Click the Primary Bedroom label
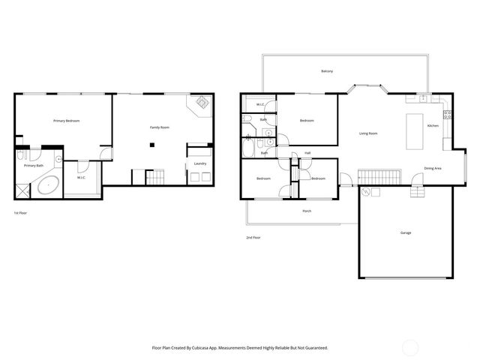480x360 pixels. [66, 121]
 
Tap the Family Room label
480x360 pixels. [159, 127]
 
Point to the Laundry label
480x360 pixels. [200, 163]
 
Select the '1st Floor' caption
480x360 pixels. [20, 213]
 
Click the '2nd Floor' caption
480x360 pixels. [253, 237]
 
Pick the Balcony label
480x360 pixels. [327, 71]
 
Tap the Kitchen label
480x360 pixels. [433, 125]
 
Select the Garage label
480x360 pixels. [405, 232]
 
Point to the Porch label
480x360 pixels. [307, 211]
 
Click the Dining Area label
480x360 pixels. [432, 168]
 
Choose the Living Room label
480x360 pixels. [367, 133]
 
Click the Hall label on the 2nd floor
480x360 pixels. [307, 153]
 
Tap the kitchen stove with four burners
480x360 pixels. [447, 115]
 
